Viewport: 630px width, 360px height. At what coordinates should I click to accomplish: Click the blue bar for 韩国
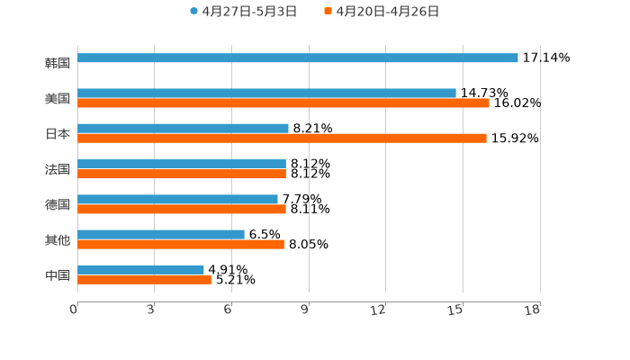(297, 58)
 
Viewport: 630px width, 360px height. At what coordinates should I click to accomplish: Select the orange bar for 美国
(283, 103)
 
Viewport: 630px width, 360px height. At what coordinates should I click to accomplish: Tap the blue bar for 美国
(266, 93)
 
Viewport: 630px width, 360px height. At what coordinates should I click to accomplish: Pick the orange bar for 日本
(282, 139)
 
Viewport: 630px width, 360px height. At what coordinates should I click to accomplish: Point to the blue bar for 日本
(183, 129)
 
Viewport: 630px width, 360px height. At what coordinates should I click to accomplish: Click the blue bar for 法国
(182, 164)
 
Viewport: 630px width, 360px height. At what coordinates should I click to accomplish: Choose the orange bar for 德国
(182, 209)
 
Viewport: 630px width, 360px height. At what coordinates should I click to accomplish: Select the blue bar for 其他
(161, 234)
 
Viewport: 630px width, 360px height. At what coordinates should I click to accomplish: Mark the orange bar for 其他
(181, 244)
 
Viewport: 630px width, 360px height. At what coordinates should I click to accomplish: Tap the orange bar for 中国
(144, 279)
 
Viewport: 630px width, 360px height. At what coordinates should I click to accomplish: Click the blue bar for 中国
(140, 269)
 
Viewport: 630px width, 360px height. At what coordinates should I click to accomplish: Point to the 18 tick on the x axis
(533, 310)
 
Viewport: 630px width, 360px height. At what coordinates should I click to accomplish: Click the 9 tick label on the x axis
(304, 310)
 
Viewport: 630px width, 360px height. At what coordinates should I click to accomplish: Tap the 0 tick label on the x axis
(74, 310)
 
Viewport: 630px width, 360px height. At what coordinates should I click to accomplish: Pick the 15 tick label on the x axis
(456, 310)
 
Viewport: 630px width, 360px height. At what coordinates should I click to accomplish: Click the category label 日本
(58, 133)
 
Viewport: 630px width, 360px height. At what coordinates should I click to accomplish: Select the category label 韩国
(58, 63)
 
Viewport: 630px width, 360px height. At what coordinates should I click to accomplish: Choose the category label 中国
(58, 274)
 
